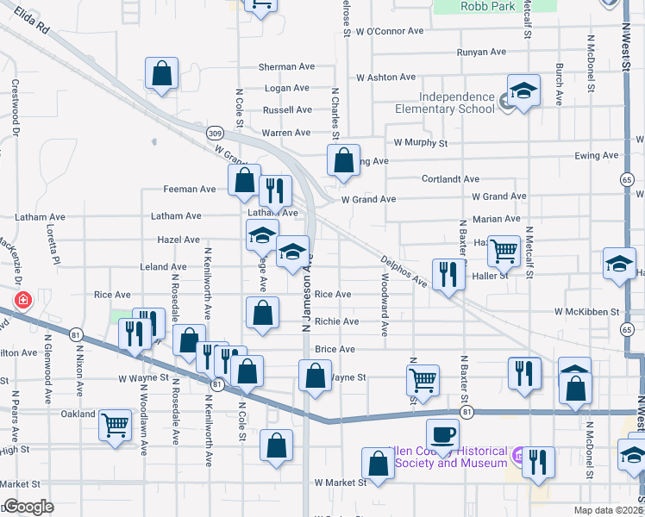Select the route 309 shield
tap(215, 133)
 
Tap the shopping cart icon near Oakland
tap(115, 424)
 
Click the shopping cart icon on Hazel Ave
tap(504, 251)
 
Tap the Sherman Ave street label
tap(286, 67)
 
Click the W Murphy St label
tap(421, 142)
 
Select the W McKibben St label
tap(587, 311)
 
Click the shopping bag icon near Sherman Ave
tap(161, 74)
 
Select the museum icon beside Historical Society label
tap(518, 455)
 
